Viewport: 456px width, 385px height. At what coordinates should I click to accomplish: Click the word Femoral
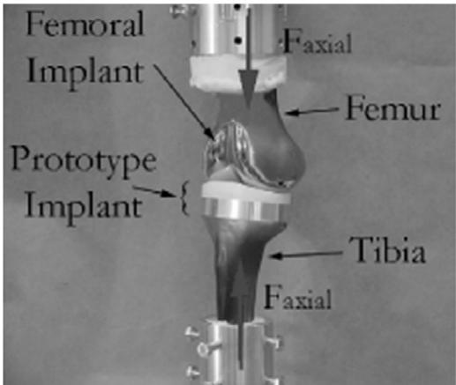85,24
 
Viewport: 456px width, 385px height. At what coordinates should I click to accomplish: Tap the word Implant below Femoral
85,73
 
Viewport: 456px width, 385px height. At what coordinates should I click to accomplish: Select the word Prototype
84,163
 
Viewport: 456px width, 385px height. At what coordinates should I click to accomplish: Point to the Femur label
393,108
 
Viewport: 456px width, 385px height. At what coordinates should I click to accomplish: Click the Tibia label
387,250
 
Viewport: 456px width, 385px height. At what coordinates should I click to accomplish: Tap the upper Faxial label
317,43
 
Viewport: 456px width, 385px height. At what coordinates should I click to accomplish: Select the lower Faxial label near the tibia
297,297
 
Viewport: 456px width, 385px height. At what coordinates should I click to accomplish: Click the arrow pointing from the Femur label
311,112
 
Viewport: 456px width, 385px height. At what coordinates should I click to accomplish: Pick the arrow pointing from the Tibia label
306,255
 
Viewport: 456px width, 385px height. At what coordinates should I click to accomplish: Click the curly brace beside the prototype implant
184,198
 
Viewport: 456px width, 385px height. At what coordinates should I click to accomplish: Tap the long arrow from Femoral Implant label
185,101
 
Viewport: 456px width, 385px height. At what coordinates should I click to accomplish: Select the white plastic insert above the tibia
246,191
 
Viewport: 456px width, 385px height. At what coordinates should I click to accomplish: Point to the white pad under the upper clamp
237,71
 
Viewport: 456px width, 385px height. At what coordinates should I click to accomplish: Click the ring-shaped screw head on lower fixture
203,349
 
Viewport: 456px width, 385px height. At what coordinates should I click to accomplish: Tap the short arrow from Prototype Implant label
153,191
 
